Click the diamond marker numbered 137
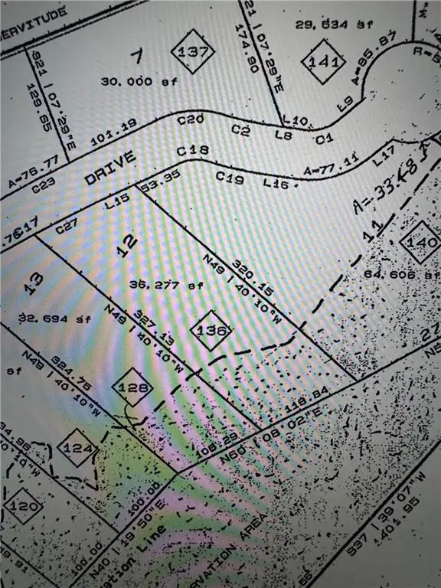[192, 52]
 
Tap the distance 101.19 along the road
[107, 134]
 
